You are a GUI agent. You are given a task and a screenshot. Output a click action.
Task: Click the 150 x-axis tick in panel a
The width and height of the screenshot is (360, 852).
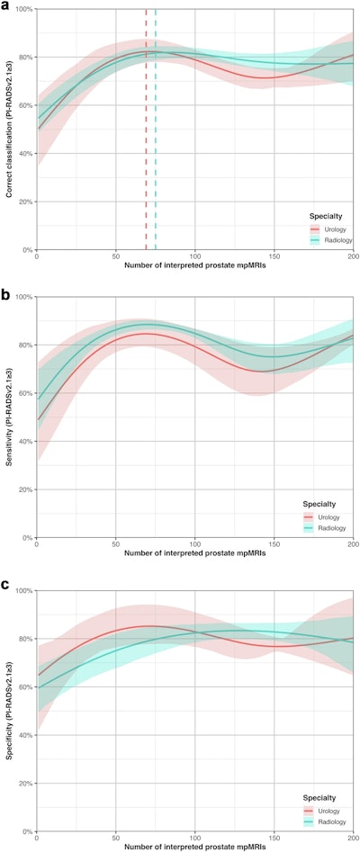point(274,256)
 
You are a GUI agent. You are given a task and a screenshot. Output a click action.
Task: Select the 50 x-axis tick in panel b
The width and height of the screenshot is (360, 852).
point(115,544)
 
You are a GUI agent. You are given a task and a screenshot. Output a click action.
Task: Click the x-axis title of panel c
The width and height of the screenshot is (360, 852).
point(193,847)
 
